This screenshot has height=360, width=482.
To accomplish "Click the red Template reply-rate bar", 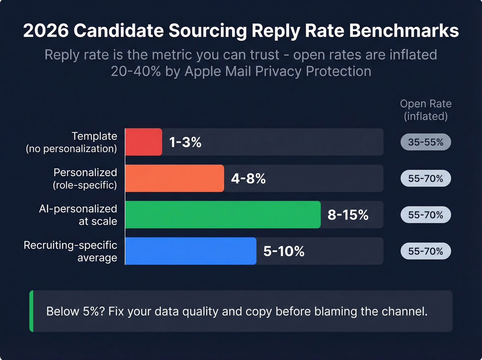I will tap(144, 142).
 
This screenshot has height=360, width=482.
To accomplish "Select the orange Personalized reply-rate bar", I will tap(175, 178).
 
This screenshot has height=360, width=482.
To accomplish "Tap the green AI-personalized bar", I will tap(223, 215).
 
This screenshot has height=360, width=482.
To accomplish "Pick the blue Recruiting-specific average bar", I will tap(191, 251).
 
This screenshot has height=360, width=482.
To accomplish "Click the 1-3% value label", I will tap(185, 142).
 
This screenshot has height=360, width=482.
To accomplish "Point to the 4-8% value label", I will tap(248, 179).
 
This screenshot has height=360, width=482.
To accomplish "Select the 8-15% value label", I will tap(348, 215).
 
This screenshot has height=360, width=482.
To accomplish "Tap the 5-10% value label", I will tap(284, 251).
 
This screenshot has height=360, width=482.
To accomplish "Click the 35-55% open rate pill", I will tap(426, 142).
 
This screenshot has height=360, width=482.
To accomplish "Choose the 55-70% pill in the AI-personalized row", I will tap(426, 215).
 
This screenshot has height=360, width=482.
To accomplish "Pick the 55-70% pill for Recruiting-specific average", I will tap(426, 251).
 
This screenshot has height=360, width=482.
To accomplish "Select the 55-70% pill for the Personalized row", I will tap(426, 178).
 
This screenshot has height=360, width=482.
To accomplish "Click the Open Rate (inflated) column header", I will tap(426, 110).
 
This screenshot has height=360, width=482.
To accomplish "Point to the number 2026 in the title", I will tap(46, 31).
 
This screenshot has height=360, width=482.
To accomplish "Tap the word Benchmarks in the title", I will tap(404, 31).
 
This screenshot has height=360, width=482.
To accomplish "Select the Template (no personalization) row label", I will tap(72, 142).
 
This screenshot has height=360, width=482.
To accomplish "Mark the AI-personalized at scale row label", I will tap(78, 215).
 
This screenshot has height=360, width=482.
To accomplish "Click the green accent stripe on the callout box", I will tap(32, 311).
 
